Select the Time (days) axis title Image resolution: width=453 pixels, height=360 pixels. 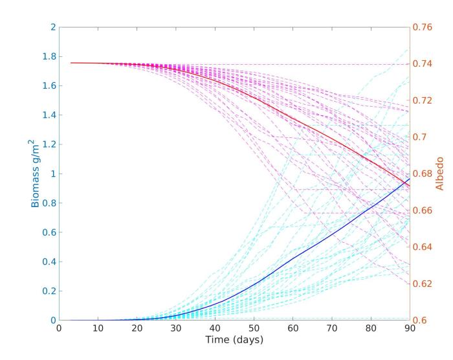[x=234, y=339]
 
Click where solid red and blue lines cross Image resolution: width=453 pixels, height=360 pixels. [x=406, y=183]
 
